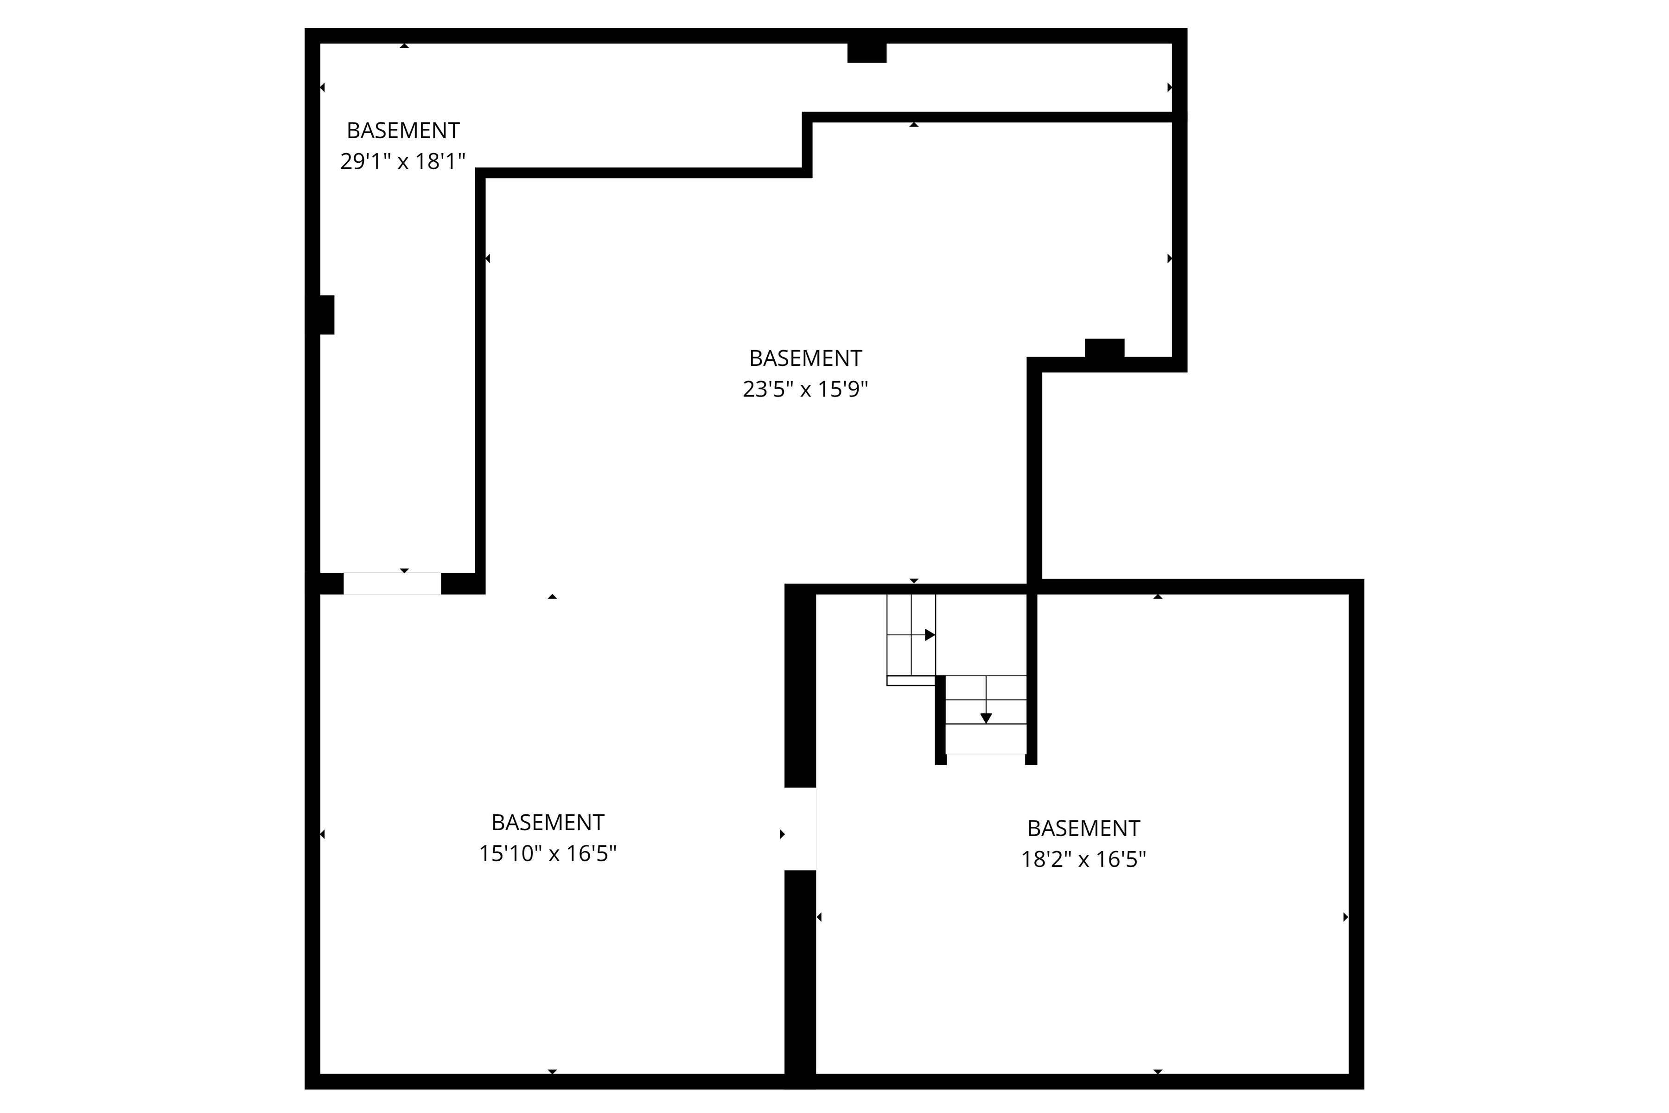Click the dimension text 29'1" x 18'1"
(402, 162)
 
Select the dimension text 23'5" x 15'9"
(805, 390)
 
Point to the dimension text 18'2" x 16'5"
(1083, 860)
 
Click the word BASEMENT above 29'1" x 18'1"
(402, 131)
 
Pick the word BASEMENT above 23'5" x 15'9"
(805, 358)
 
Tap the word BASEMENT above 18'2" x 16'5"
(1083, 828)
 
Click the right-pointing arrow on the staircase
(930, 634)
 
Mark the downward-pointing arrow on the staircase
(986, 718)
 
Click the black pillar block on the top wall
(866, 52)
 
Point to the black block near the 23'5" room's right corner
(1104, 349)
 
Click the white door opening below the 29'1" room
(392, 583)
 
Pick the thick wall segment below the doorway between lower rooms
(800, 979)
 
